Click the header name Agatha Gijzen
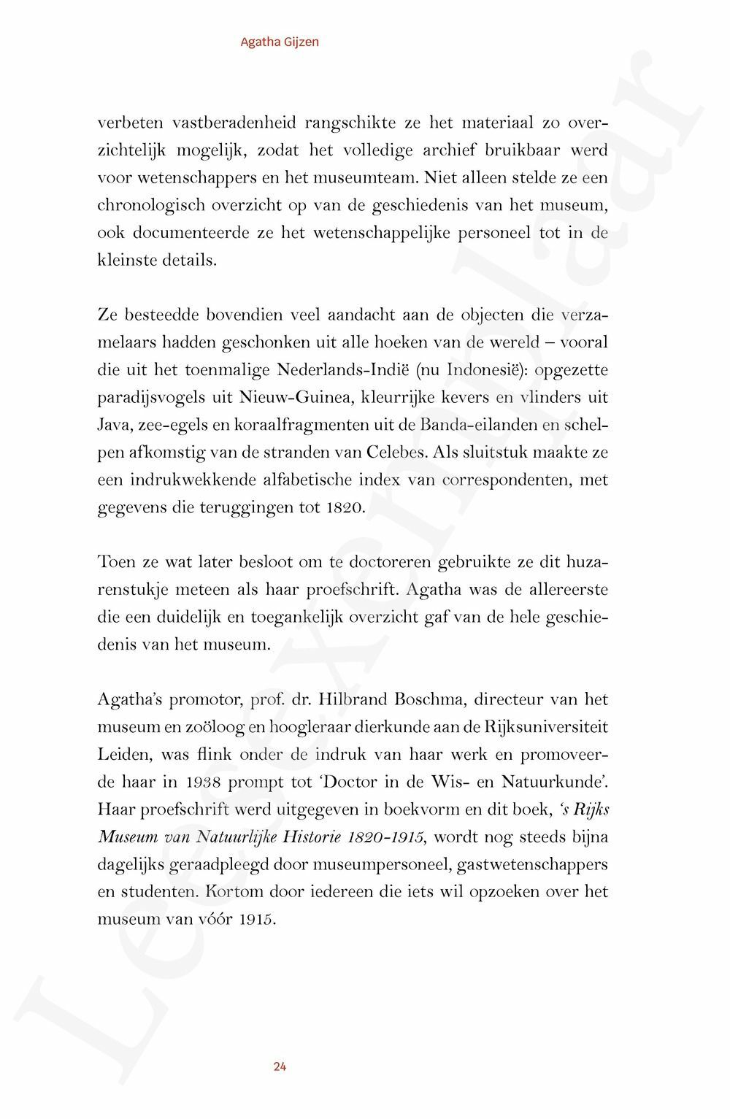click(x=280, y=42)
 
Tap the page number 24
click(x=280, y=1066)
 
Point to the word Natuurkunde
click(x=553, y=782)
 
